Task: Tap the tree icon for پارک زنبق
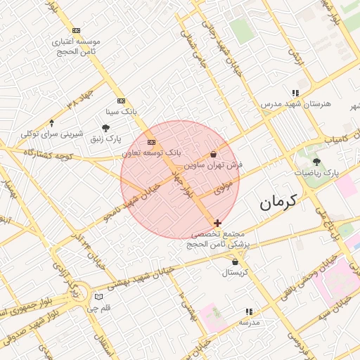[x=106, y=128]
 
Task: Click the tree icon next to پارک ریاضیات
[x=316, y=162]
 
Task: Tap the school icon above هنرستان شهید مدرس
[x=295, y=92]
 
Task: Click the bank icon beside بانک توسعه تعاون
[x=150, y=142]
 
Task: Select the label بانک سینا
[x=120, y=111]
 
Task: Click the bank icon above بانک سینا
[x=121, y=101]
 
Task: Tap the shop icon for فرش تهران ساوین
[x=214, y=154]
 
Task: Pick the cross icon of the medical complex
[x=217, y=222]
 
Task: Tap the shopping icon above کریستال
[x=235, y=262]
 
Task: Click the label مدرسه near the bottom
[x=249, y=321]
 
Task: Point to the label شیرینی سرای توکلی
[x=52, y=134]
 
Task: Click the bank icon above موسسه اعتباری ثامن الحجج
[x=76, y=30]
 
